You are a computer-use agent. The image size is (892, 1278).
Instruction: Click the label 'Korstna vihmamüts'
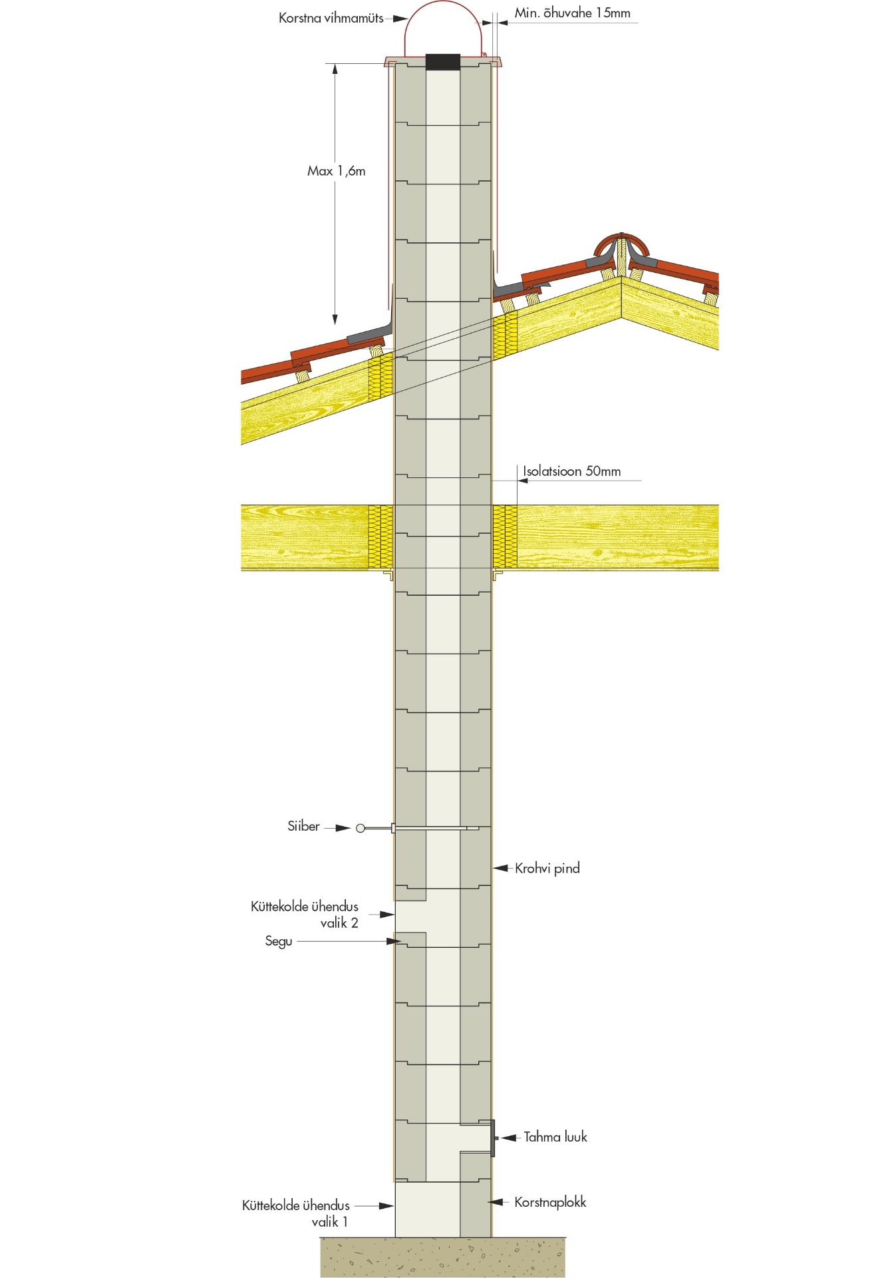pyautogui.click(x=331, y=19)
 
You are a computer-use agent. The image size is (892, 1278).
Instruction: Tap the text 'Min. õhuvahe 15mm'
pyautogui.click(x=572, y=13)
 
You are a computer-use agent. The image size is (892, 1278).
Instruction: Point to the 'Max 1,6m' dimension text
pyautogui.click(x=336, y=171)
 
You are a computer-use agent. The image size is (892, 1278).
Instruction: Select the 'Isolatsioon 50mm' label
pyautogui.click(x=571, y=471)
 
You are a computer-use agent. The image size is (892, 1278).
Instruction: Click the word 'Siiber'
pyautogui.click(x=303, y=826)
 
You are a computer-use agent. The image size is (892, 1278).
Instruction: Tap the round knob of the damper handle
pyautogui.click(x=361, y=828)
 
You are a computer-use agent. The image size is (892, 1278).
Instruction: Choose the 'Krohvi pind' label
pyautogui.click(x=547, y=868)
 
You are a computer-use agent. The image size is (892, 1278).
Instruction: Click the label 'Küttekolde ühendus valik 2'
pyautogui.click(x=305, y=915)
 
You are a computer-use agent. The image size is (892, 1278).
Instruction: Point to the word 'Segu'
pyautogui.click(x=279, y=941)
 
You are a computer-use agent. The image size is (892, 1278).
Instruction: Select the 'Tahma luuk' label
pyautogui.click(x=555, y=1137)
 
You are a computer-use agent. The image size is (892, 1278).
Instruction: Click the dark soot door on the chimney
pyautogui.click(x=493, y=1138)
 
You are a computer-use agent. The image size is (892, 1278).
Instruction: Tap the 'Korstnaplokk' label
pyautogui.click(x=550, y=1202)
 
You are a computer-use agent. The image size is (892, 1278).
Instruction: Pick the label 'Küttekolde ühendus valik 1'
pyautogui.click(x=296, y=1213)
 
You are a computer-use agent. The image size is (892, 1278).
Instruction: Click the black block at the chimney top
pyautogui.click(x=442, y=62)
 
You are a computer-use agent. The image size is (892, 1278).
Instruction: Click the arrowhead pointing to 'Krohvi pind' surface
pyautogui.click(x=500, y=868)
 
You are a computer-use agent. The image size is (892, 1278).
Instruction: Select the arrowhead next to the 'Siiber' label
pyautogui.click(x=343, y=828)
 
